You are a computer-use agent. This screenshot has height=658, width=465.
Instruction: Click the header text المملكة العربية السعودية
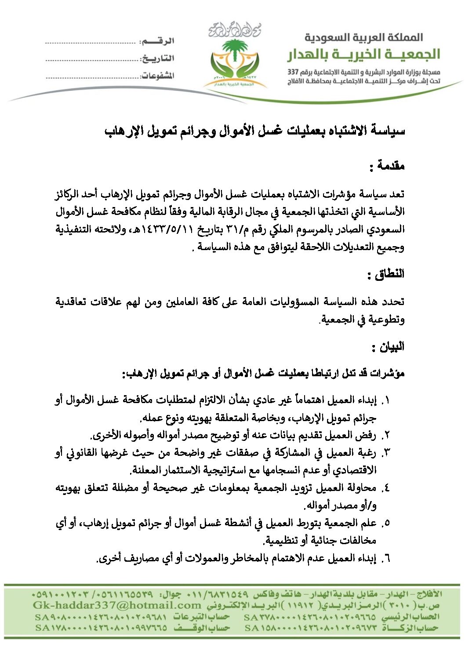tap(363, 38)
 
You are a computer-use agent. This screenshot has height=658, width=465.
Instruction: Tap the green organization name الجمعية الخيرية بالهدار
tap(363, 55)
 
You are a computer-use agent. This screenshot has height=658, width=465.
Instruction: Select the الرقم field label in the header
tap(157, 41)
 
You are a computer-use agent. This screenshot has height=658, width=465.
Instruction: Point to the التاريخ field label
tap(157, 58)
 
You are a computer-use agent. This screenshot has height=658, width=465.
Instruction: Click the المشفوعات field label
tap(157, 76)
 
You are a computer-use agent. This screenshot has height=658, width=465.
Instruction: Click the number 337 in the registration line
tap(293, 72)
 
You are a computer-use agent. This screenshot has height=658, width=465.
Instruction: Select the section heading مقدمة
tap(387, 167)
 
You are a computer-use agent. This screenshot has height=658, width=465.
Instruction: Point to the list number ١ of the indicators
tap(386, 400)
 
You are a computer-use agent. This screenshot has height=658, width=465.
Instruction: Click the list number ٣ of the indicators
tap(386, 453)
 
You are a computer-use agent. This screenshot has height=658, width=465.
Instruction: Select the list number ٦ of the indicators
tap(386, 559)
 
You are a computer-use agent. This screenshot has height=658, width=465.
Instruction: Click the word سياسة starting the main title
tap(389, 131)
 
